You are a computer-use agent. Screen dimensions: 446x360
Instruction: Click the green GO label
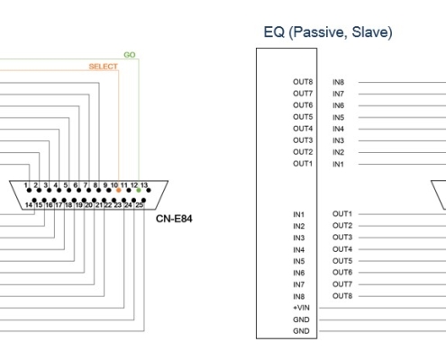[130, 55]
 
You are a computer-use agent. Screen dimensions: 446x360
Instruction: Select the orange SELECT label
[103, 67]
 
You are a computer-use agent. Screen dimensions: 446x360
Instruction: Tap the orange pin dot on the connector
[119, 190]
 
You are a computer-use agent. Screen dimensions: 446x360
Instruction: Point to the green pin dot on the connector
[139, 190]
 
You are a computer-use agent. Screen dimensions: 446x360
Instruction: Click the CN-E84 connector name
[174, 219]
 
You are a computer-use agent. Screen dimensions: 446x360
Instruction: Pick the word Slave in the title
[372, 32]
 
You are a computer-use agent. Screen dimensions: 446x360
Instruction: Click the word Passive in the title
[318, 32]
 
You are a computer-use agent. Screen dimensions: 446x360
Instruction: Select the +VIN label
[301, 308]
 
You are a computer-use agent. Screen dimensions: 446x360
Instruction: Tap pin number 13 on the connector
[144, 185]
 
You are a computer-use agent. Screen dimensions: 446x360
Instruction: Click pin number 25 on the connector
[139, 205]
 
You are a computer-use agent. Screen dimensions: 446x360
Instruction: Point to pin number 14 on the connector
[29, 205]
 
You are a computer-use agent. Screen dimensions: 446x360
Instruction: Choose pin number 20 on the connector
[88, 205]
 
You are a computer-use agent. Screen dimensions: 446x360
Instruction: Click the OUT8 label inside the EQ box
[303, 82]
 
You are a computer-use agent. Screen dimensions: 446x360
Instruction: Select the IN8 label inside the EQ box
[299, 296]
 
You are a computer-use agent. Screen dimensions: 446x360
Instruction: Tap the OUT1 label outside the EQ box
[342, 214]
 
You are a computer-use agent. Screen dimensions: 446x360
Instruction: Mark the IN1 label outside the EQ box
[338, 164]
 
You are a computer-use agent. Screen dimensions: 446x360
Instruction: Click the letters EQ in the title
[274, 32]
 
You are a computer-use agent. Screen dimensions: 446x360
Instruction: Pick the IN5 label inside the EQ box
[299, 261]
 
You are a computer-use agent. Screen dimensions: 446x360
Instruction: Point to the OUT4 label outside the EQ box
[342, 249]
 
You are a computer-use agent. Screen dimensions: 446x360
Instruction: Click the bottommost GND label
[301, 331]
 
